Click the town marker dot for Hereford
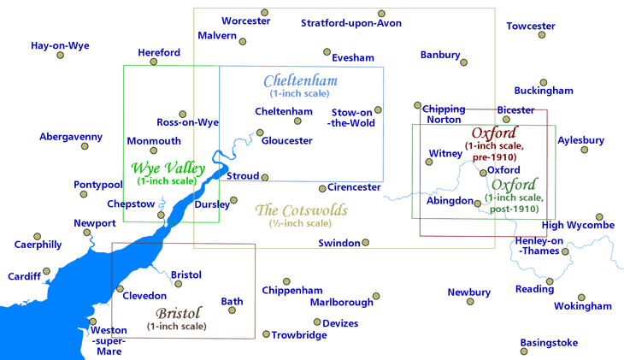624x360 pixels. click(x=154, y=62)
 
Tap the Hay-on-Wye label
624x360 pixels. click(x=60, y=45)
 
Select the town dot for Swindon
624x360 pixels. click(x=365, y=243)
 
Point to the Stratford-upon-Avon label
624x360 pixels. click(x=351, y=23)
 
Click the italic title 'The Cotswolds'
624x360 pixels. click(x=301, y=210)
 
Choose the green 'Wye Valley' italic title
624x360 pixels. click(x=168, y=168)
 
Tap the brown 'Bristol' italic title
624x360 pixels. click(x=179, y=314)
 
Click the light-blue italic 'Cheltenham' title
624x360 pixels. click(x=300, y=81)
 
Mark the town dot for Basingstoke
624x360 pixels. click(x=524, y=351)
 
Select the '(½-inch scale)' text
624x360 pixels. click(x=300, y=223)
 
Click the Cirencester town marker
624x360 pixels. click(x=322, y=188)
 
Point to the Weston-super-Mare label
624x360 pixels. click(x=109, y=340)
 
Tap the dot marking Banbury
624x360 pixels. click(x=463, y=62)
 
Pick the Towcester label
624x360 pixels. click(x=531, y=26)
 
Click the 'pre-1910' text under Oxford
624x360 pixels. click(x=495, y=156)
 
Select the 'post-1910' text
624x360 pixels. click(x=515, y=209)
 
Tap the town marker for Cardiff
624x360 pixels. click(x=46, y=271)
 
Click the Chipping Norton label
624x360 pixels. click(x=444, y=115)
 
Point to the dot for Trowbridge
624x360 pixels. click(x=266, y=334)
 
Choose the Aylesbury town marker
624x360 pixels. click(x=584, y=150)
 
